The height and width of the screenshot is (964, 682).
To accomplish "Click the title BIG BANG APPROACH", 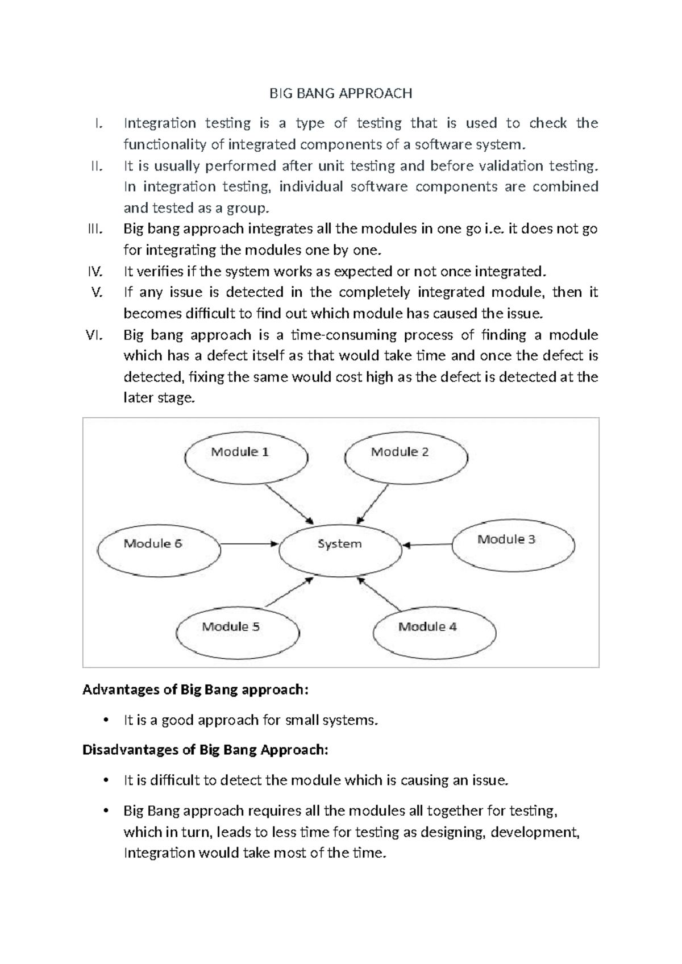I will pos(340,93).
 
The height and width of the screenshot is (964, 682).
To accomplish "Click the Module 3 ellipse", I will pos(513,545).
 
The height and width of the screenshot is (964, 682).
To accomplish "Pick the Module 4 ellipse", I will pos(434,631).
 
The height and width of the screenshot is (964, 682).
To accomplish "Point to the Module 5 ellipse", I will pos(238,631).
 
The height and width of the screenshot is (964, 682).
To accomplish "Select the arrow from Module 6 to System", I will pos(248,544).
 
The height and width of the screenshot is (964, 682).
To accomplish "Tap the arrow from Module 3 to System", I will pos(427,545).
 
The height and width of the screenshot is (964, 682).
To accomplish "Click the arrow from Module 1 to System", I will pos(289,504).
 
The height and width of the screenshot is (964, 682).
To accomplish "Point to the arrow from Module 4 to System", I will pos(380,595).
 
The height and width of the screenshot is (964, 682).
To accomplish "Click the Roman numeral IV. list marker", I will pos(94,271).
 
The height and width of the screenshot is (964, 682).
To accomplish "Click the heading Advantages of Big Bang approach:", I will pos(196,689).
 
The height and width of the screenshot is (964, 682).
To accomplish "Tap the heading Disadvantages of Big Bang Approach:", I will pos(205,750).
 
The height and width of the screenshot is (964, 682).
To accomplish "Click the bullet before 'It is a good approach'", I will pos(106,721).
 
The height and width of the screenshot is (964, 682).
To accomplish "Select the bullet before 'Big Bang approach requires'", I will pos(106,811).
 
